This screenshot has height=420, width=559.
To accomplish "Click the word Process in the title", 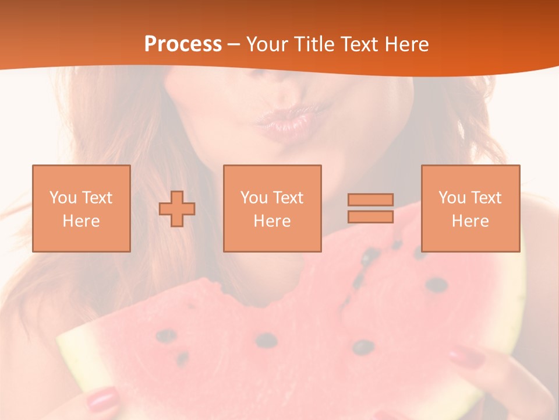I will coord(183,44).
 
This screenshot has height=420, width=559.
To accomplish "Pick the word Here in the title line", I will coord(408,44).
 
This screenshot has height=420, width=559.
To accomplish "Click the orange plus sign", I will coord(177,209).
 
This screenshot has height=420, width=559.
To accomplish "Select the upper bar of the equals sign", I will coord(370,200).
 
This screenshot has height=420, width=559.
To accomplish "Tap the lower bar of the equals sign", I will coord(370,216).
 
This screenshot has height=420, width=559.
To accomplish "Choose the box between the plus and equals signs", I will coord(272,208).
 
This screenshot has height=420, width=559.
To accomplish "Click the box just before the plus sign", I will coord(81,208).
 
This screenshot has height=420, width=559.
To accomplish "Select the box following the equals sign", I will coord(470,208).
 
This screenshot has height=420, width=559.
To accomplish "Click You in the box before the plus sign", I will coord(63,198).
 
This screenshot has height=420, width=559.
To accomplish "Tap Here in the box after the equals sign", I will coord(470,221).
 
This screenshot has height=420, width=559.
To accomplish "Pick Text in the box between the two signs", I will coord(289,198).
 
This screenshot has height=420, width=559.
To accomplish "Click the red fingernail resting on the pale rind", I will coord(102,400).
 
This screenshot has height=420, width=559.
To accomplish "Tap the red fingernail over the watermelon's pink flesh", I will coord(466,355).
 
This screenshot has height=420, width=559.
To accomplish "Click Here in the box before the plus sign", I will coord(81,221).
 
